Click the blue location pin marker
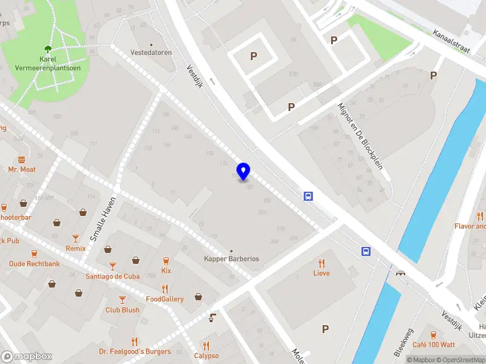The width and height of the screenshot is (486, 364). [x=244, y=172]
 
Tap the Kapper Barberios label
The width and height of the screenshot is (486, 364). [x=231, y=258]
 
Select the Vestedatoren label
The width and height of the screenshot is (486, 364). [x=152, y=52]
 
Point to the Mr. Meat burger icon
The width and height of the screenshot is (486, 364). [x=22, y=160]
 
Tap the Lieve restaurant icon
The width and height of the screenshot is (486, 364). [x=321, y=263]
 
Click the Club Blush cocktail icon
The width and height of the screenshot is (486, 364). [x=122, y=300]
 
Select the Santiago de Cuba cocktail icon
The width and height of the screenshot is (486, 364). [x=112, y=266]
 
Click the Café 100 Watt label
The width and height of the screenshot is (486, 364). [x=434, y=345]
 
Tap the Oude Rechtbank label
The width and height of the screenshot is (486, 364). [x=34, y=264]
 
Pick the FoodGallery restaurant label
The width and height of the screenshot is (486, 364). [x=165, y=299]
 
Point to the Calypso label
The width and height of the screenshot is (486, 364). [x=207, y=356]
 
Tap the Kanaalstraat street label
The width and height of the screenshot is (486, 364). [x=452, y=42]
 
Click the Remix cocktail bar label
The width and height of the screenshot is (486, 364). [x=75, y=248]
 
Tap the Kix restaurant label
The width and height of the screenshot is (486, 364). [x=166, y=271]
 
